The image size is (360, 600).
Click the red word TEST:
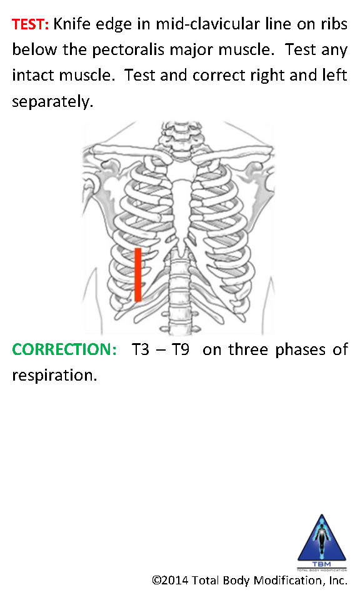[30, 24]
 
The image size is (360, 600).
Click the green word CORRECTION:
[64, 349]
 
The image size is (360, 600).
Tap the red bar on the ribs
[138, 275]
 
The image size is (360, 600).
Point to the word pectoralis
[128, 50]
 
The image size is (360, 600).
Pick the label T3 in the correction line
[141, 349]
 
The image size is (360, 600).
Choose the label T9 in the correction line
[180, 349]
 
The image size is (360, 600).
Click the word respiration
[54, 376]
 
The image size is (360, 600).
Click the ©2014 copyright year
[170, 580]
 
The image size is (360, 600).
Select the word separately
[52, 102]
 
